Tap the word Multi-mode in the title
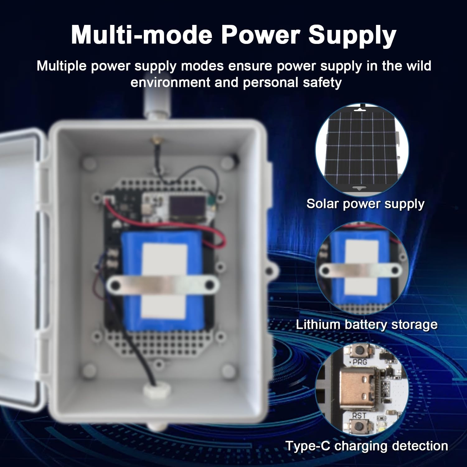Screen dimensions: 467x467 tap(142, 35)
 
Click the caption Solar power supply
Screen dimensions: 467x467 tap(365, 204)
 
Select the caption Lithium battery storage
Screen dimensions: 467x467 tap(366, 325)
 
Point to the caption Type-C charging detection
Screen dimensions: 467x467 tap(366, 446)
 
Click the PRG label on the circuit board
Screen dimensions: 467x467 tap(360, 362)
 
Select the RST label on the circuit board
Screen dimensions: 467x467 tap(359, 416)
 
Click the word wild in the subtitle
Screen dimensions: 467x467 tap(419, 66)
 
